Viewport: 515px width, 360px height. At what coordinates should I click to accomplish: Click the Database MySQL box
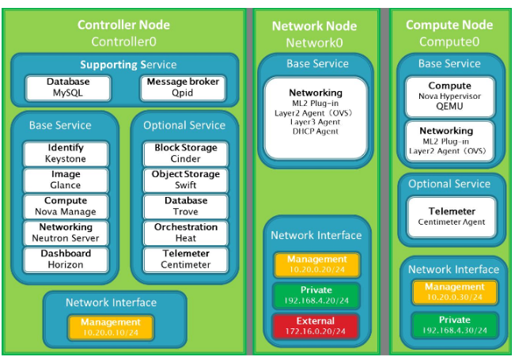(x=68, y=88)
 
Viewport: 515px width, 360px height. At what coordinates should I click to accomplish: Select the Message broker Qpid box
(x=183, y=88)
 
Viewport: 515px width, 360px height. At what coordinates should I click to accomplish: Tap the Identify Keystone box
(x=66, y=153)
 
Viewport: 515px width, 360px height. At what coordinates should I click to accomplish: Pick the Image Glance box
(x=66, y=180)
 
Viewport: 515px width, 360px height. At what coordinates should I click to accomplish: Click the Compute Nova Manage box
(x=66, y=207)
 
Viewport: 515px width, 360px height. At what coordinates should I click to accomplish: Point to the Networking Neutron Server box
(x=66, y=233)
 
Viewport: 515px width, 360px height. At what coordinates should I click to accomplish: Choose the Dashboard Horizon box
(x=66, y=260)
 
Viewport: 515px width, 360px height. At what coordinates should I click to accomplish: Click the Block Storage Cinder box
(x=186, y=153)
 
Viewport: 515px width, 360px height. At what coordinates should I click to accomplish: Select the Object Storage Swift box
(x=186, y=180)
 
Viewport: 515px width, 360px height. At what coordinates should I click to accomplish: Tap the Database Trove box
(x=186, y=207)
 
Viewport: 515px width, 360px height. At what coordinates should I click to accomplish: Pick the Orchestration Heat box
(x=186, y=233)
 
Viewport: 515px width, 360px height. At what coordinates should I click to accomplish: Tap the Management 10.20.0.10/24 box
(x=110, y=327)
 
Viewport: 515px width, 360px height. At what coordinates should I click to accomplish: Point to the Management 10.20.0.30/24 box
(x=454, y=292)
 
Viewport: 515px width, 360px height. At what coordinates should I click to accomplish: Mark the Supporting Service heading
(x=128, y=64)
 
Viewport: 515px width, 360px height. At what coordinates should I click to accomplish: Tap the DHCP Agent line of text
(x=316, y=131)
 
